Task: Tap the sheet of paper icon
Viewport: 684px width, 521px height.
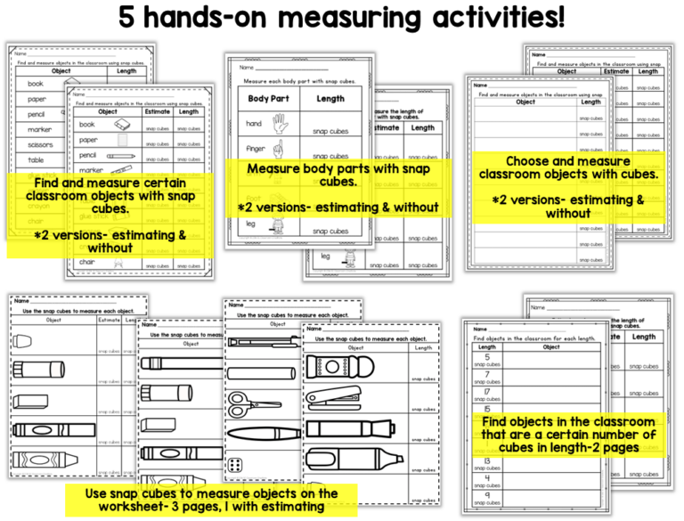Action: point(121,141)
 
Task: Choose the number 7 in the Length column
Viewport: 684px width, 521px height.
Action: point(487,373)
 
